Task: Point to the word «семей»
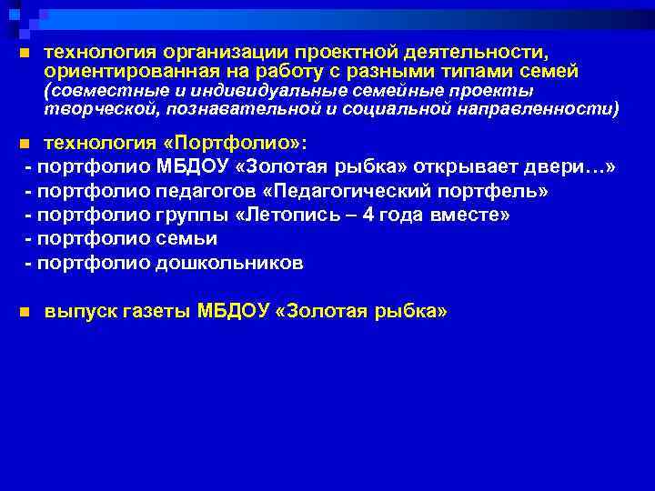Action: coord(549,71)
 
